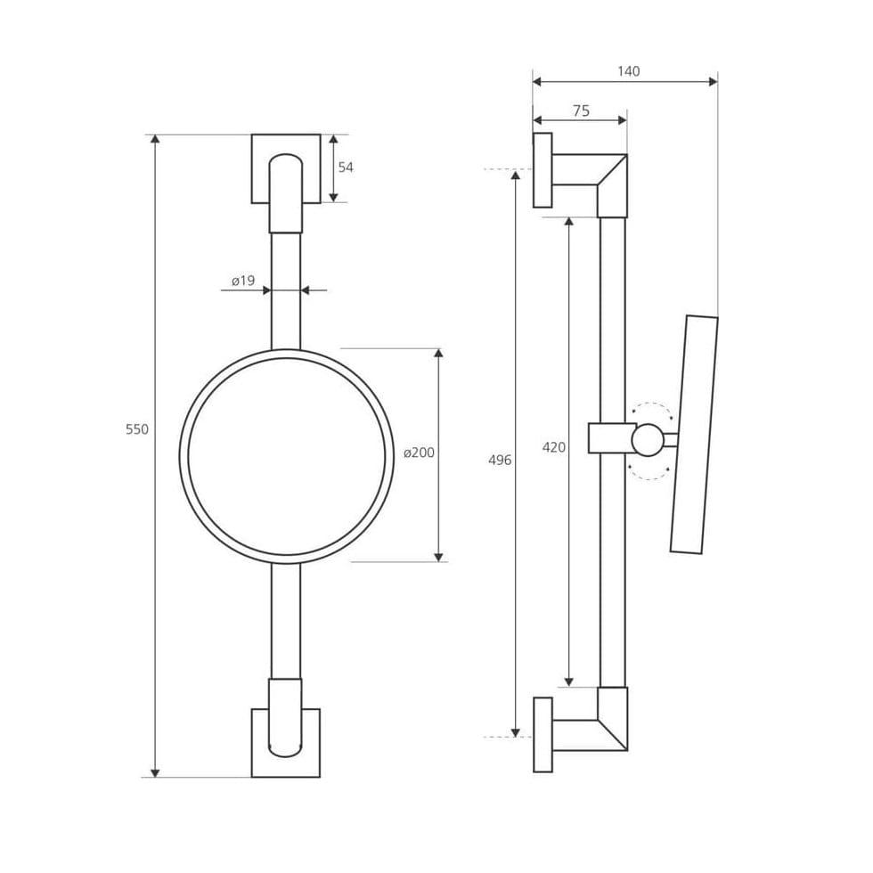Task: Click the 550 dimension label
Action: [137, 429]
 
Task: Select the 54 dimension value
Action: [346, 167]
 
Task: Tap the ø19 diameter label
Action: [243, 281]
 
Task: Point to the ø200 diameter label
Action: [419, 453]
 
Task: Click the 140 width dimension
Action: [629, 71]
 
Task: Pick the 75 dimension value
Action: [581, 110]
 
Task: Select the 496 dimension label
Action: [500, 460]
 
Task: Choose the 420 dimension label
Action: [554, 447]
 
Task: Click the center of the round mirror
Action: [287, 456]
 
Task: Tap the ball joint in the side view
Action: [648, 440]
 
